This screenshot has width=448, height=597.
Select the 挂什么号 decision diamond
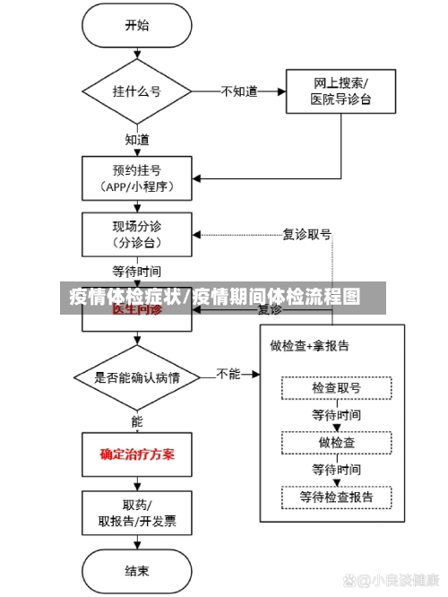coord(137,91)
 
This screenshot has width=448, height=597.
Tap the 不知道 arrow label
coord(238,91)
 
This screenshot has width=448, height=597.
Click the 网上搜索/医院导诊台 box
coord(340,91)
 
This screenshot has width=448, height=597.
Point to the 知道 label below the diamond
coord(137,140)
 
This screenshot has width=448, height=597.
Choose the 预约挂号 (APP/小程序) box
coord(137,177)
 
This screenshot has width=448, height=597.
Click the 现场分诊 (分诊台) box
coord(137,233)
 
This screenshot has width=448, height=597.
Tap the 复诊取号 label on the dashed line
coord(306,234)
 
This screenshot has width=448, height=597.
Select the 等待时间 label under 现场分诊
coord(137,270)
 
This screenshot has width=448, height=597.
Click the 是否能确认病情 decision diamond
coord(137,377)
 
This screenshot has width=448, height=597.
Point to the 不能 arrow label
coord(228,374)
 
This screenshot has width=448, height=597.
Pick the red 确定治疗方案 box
coord(137,454)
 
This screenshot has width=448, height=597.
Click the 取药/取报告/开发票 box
coord(137,512)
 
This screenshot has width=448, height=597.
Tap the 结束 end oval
coord(137,570)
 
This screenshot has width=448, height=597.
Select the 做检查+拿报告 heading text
coord(309,345)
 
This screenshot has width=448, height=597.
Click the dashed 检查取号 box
coord(337,388)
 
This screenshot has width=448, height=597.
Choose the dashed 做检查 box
coord(337,443)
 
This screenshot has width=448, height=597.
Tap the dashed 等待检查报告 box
coord(337,496)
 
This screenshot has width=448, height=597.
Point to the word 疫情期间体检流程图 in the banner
coord(279,297)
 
